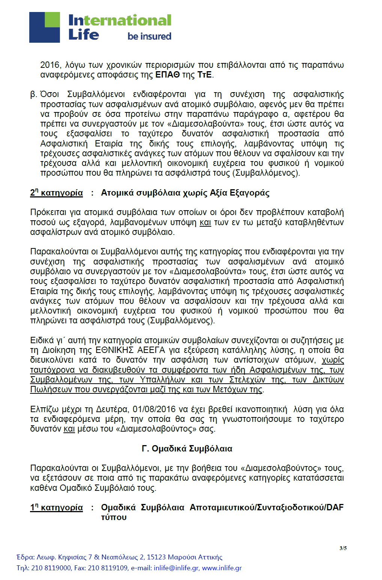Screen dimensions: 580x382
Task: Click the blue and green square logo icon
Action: tap(44, 27)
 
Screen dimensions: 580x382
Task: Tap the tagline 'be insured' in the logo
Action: tap(149, 36)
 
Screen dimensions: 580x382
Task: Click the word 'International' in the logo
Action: tap(120, 20)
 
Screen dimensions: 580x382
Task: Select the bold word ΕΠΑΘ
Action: tap(167, 75)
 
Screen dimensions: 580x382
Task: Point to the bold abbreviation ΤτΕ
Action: tap(204, 75)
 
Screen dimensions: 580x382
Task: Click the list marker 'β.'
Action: tap(33, 94)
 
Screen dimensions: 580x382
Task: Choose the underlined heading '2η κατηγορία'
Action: tap(56, 193)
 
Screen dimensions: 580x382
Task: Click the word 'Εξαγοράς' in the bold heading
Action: tap(250, 193)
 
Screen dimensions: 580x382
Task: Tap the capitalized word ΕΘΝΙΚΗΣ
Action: tap(114, 350)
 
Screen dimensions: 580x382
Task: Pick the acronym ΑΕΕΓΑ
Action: tap(151, 350)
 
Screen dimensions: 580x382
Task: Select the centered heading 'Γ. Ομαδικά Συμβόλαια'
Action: tap(187, 449)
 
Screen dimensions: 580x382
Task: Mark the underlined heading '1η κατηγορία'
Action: tap(56, 508)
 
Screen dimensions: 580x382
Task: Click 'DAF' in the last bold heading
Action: tap(335, 508)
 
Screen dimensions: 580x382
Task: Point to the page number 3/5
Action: tap(343, 548)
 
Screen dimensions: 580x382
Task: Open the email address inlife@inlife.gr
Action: tap(176, 568)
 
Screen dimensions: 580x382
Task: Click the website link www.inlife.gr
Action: tap(222, 568)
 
